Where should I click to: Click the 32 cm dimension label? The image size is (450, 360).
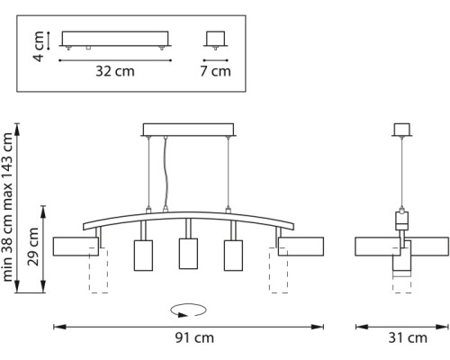pyautogui.click(x=115, y=71)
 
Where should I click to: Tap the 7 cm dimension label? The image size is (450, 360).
pyautogui.click(x=216, y=71)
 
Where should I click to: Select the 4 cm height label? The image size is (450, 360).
pyautogui.click(x=39, y=46)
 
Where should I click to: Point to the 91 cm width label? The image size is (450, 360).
pyautogui.click(x=194, y=337)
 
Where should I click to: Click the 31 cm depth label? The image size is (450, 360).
pyautogui.click(x=408, y=337)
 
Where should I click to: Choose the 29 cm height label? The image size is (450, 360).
pyautogui.click(x=33, y=247)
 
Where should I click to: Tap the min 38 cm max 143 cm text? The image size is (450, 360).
pyautogui.click(x=7, y=207)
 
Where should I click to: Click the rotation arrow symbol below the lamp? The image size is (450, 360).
pyautogui.click(x=188, y=310)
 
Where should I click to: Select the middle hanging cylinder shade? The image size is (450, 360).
pyautogui.click(x=188, y=254)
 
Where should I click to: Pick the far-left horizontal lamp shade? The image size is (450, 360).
pyautogui.click(x=76, y=247)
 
